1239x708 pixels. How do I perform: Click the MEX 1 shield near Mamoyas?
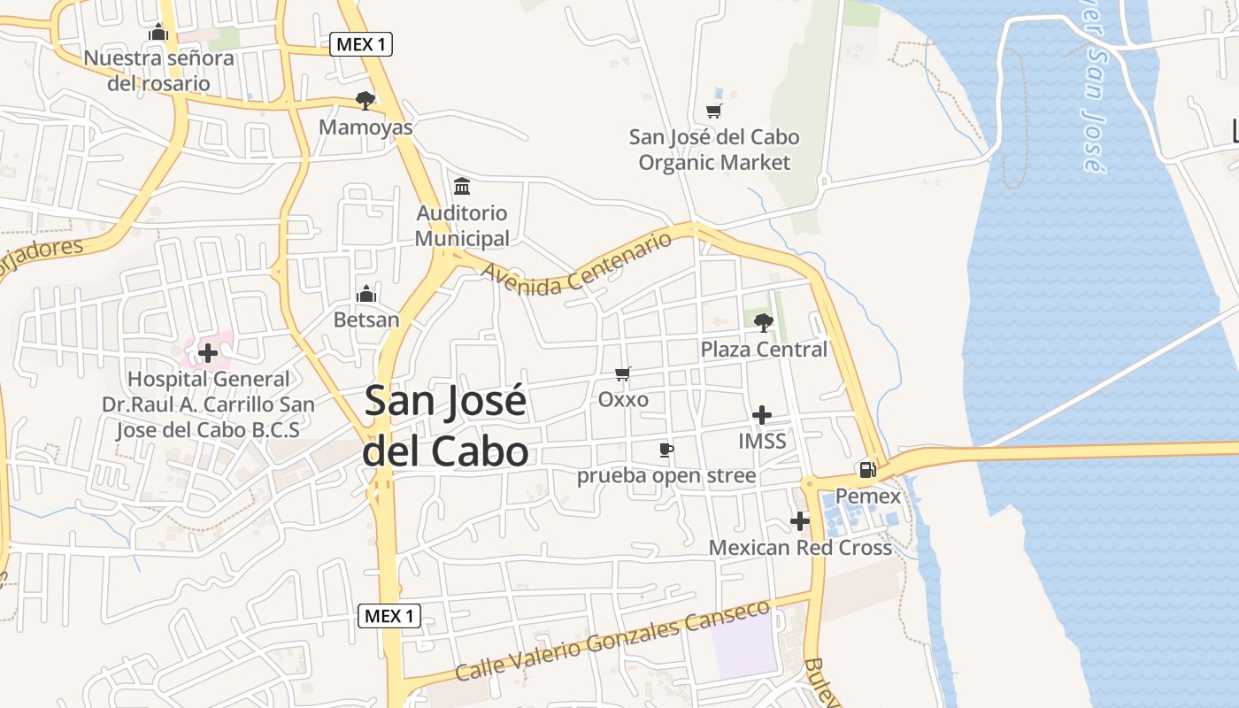point(361,44)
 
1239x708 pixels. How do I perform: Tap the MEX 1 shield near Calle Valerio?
point(389,616)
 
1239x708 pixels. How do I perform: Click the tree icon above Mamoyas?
point(365,100)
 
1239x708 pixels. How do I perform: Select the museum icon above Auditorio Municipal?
point(462,187)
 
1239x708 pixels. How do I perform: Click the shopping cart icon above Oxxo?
point(623,373)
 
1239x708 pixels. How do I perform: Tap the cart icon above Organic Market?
point(713,111)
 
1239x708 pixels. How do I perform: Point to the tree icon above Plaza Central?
point(763,323)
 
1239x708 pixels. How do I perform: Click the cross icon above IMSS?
point(761,414)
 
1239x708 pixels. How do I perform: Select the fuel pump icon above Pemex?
point(867,470)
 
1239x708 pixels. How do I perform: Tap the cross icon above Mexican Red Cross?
point(800,521)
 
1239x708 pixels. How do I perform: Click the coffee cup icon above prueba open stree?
point(666,450)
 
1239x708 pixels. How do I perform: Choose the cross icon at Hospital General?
point(208,353)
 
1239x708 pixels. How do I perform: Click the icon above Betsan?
point(366,294)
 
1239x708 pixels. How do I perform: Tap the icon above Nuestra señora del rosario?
point(159,33)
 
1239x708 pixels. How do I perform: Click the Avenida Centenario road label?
point(577,263)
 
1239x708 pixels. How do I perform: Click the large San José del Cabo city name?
point(446,426)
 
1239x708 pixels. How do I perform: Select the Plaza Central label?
point(764,350)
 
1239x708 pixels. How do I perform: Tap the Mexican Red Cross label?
point(800,548)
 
